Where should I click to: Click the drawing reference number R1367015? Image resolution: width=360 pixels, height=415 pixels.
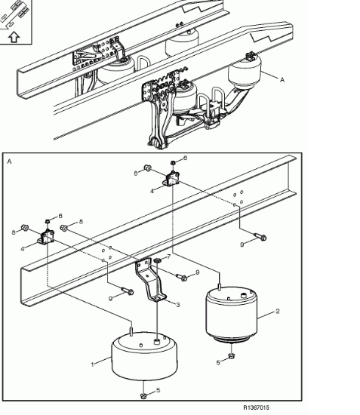pyautogui.click(x=256, y=407)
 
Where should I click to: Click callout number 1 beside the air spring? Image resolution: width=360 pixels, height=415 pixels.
pyautogui.click(x=92, y=364)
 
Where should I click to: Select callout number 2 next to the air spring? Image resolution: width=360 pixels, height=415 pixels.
pyautogui.click(x=278, y=311)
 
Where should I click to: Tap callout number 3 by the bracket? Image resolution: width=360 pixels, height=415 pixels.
pyautogui.click(x=178, y=305)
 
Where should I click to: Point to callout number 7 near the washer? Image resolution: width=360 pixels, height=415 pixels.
pyautogui.click(x=168, y=257)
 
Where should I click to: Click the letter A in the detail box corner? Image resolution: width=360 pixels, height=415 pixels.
pyautogui.click(x=10, y=161)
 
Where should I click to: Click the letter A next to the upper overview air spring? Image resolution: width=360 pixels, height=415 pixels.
pyautogui.click(x=282, y=79)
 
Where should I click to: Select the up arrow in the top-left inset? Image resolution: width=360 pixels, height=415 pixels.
pyautogui.click(x=14, y=37)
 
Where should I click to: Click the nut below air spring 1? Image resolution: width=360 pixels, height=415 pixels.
pyautogui.click(x=143, y=396)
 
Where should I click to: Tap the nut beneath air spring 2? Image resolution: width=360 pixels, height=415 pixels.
pyautogui.click(x=232, y=355)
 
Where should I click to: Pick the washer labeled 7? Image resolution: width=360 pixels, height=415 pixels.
pyautogui.click(x=158, y=261)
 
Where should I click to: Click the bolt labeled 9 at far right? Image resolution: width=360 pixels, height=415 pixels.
pyautogui.click(x=260, y=237)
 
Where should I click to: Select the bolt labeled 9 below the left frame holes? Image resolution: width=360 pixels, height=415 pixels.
pyautogui.click(x=128, y=290)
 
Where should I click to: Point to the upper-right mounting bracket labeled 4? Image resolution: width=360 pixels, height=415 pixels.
pyautogui.click(x=171, y=179)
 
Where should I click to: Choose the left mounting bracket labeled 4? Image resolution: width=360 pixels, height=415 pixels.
pyautogui.click(x=46, y=236)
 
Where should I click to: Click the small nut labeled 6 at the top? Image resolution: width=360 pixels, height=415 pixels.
pyautogui.click(x=173, y=162)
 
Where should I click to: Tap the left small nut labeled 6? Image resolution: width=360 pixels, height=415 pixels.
pyautogui.click(x=48, y=220)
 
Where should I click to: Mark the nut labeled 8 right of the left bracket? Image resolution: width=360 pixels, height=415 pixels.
pyautogui.click(x=64, y=228)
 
